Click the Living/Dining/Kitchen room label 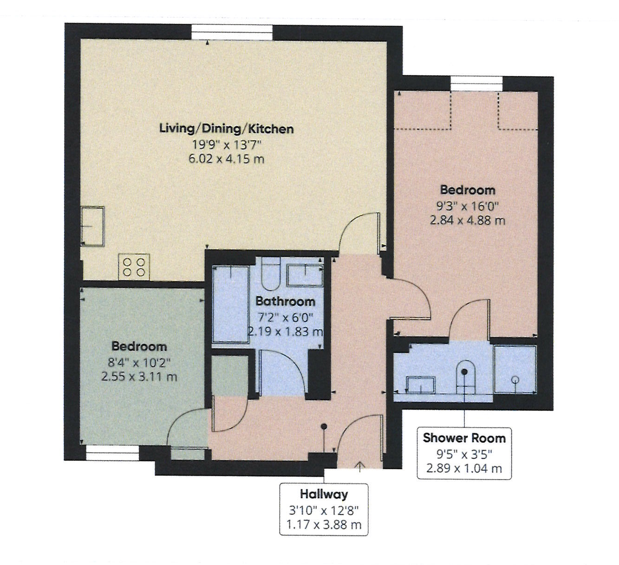[226, 129]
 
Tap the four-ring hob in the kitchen [134, 267]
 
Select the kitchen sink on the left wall [92, 226]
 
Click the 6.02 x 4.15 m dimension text [226, 159]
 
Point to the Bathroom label [286, 301]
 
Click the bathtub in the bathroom [231, 304]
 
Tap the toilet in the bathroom [271, 274]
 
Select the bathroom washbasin [305, 276]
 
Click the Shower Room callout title [464, 438]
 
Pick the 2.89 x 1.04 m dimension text [464, 468]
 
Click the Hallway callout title [324, 494]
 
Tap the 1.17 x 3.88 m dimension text [324, 525]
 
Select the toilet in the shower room [466, 377]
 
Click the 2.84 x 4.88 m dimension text [468, 221]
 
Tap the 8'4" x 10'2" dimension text [139, 362]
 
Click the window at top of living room [232, 32]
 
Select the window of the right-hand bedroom [477, 84]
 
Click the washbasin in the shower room [421, 385]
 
